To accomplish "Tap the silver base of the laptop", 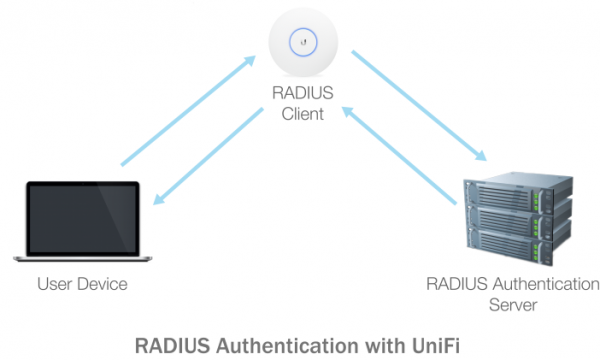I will [x=83, y=262].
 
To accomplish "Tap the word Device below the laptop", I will [x=103, y=284].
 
